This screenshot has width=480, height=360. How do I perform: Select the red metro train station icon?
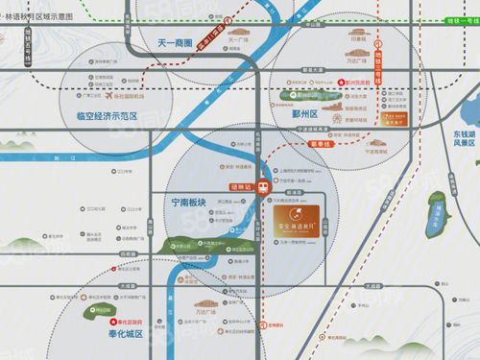pyautogui.click(x=264, y=188)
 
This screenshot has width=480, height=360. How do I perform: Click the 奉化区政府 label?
pyautogui.click(x=121, y=322)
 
